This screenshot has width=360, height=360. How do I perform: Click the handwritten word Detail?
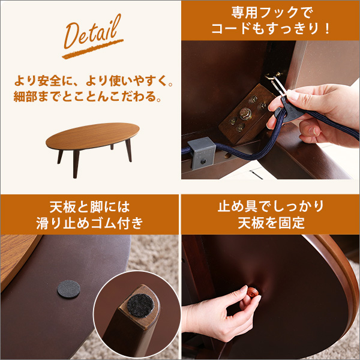click(x=92, y=32)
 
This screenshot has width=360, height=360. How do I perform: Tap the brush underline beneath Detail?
click(x=93, y=49)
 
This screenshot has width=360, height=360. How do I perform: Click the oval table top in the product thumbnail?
click(x=92, y=136)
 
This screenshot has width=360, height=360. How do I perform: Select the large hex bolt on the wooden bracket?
click(x=245, y=113)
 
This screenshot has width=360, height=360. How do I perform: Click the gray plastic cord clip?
click(x=202, y=153)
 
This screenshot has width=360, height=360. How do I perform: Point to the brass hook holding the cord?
click(x=274, y=77)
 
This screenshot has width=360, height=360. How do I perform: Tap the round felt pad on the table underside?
click(x=68, y=289)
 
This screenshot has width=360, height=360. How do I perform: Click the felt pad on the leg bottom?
click(x=140, y=305)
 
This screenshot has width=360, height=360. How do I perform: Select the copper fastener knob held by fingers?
click(x=253, y=292)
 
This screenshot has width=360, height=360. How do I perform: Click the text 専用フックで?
click(x=272, y=13)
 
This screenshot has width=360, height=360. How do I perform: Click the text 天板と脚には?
click(x=89, y=207)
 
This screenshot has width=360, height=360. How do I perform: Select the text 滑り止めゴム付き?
click(x=89, y=223)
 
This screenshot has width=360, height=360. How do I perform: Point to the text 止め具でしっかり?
click(x=271, y=206)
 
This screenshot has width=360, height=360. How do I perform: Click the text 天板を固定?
click(x=271, y=223)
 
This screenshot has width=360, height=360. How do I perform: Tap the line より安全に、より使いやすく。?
click(x=94, y=81)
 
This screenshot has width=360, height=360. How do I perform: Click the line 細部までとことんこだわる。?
click(x=88, y=97)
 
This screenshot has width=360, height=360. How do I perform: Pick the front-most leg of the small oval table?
click(x=76, y=164)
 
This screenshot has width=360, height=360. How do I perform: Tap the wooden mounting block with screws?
click(x=245, y=114)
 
